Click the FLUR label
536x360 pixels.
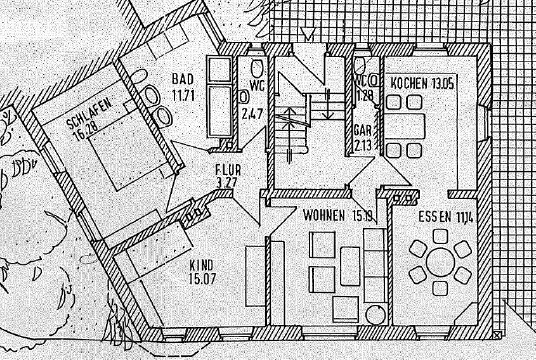coord(228,170)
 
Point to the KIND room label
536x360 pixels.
coord(201,264)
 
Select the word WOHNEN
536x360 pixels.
coord(324,215)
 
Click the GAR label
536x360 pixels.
coord(362,130)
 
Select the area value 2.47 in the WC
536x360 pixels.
coord(252,114)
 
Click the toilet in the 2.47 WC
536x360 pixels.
coord(257,68)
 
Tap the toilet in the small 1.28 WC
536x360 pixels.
coord(362,64)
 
